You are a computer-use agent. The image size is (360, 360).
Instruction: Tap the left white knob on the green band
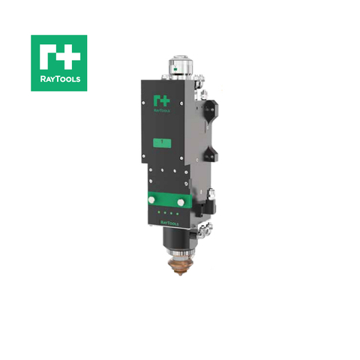point(155,200)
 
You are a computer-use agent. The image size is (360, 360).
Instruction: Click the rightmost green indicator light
point(178,214)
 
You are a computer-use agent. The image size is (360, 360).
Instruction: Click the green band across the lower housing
point(168,200)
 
